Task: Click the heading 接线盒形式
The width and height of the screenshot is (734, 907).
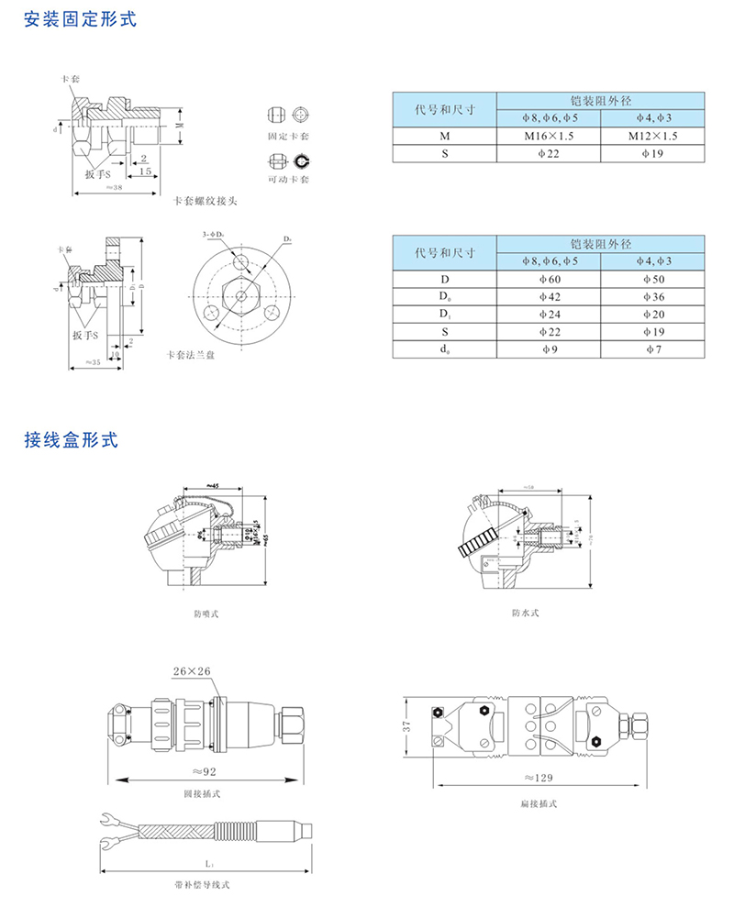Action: [71, 439]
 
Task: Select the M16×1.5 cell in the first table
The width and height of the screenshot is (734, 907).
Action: [549, 137]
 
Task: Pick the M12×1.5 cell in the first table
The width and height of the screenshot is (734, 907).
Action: [653, 137]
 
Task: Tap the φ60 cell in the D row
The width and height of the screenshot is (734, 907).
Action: [549, 279]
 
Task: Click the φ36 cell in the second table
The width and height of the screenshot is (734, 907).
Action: [653, 296]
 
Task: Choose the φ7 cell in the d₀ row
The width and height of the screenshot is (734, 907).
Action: [653, 349]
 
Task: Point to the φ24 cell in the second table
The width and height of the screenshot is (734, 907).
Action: [549, 315]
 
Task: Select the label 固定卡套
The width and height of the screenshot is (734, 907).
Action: [288, 137]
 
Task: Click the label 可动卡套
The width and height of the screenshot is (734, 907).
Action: [288, 179]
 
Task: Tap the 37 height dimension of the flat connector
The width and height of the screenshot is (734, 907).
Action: [409, 725]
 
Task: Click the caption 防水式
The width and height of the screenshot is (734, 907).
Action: [525, 613]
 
